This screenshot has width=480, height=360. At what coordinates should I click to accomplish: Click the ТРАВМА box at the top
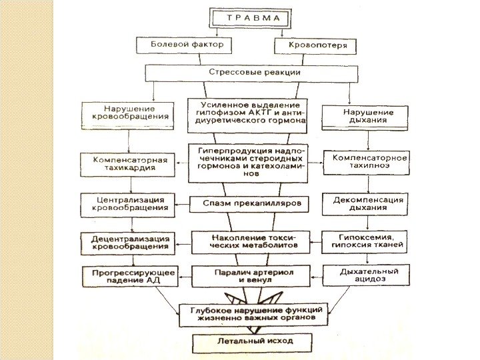(251, 19)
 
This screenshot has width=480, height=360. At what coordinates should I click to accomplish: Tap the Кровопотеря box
(316, 46)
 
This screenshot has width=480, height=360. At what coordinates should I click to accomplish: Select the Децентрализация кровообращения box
(125, 242)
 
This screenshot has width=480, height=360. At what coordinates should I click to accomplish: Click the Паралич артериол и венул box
(244, 276)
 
